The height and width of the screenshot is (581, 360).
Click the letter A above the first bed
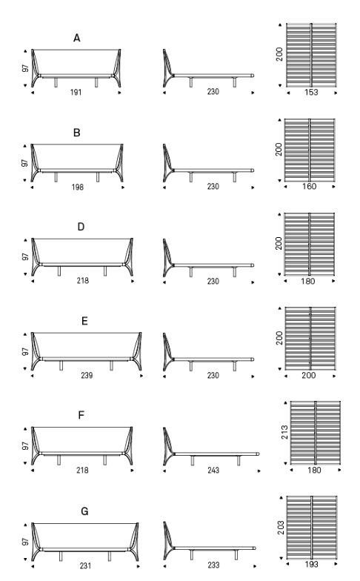(x=77, y=38)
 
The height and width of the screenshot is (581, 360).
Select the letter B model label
(x=77, y=133)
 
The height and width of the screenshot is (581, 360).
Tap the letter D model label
(x=81, y=227)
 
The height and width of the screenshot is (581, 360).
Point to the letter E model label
(x=84, y=321)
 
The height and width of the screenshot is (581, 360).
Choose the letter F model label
(x=81, y=415)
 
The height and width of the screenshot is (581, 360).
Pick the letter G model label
(x=84, y=511)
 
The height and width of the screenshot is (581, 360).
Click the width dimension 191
(x=76, y=92)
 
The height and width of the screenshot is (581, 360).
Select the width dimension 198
(x=77, y=187)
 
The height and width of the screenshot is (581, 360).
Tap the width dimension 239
(x=87, y=375)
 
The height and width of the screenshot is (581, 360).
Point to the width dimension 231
(x=86, y=566)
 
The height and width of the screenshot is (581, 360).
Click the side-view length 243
(x=213, y=470)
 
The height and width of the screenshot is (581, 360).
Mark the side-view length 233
(x=213, y=565)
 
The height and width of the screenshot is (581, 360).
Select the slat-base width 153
(x=311, y=92)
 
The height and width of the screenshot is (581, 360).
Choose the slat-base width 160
(x=309, y=186)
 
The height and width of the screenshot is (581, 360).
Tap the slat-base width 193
(x=311, y=565)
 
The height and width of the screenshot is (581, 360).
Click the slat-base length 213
(x=284, y=433)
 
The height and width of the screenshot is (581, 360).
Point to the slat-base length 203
(x=281, y=528)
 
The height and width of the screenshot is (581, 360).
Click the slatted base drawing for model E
(x=310, y=338)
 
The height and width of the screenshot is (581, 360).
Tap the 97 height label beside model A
(x=25, y=68)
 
